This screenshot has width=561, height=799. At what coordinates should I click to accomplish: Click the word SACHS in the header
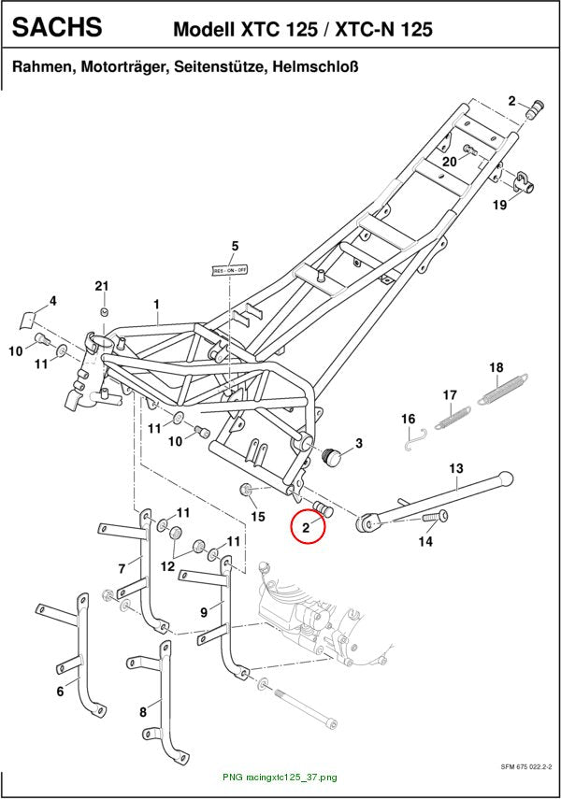click(x=57, y=27)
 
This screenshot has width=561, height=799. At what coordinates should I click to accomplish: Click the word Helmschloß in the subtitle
click(x=315, y=66)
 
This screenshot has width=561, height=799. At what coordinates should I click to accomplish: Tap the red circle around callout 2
click(x=308, y=526)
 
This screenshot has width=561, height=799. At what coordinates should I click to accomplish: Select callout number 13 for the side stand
click(x=456, y=468)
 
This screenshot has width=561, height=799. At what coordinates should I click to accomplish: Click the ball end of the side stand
click(x=505, y=478)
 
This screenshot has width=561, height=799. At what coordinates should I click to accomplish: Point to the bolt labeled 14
click(x=435, y=517)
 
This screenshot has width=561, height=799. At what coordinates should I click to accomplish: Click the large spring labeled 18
click(x=503, y=391)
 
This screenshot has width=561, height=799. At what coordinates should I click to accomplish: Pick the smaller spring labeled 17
click(x=453, y=417)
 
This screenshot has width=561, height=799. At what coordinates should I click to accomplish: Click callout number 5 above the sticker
click(x=235, y=246)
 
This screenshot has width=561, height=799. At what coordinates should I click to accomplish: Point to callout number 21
click(x=102, y=286)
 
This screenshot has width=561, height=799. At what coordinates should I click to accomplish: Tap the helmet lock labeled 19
click(x=524, y=182)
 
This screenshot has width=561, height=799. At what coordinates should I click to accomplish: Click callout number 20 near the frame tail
click(x=450, y=162)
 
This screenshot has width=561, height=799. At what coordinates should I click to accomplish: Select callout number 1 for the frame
click(x=156, y=305)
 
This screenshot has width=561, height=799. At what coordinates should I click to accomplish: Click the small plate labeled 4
click(x=27, y=319)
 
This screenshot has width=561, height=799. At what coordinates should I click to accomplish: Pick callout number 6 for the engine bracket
click(x=60, y=692)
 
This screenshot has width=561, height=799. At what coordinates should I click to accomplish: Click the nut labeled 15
click(x=245, y=491)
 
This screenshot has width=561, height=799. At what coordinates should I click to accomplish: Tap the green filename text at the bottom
click(x=280, y=778)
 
